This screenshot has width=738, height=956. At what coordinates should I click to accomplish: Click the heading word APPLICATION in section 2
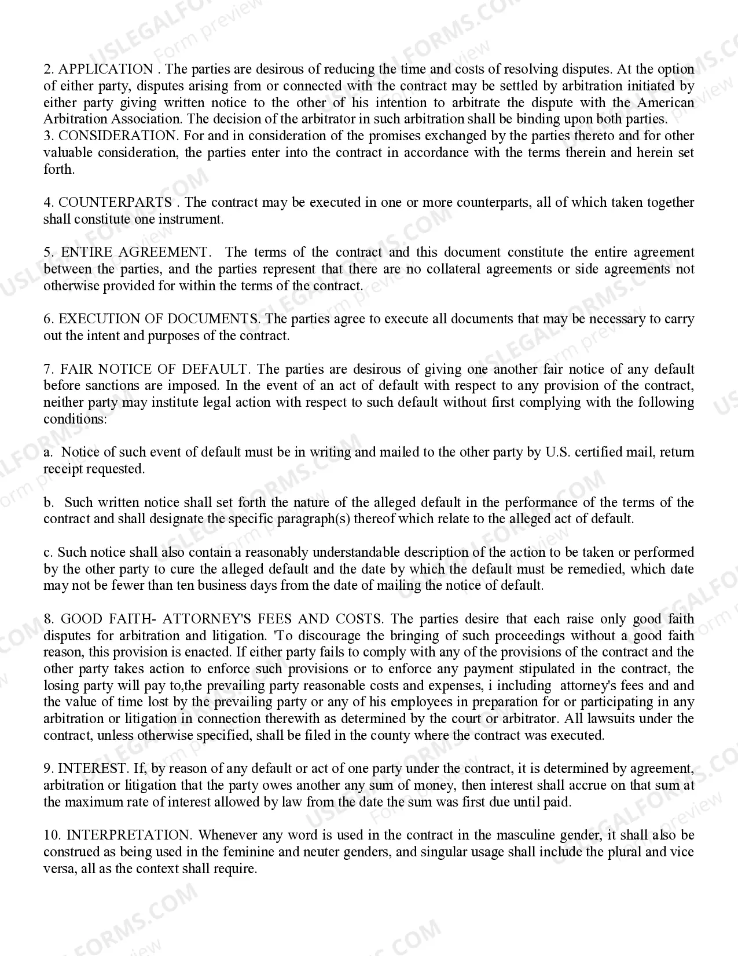pyautogui.click(x=106, y=70)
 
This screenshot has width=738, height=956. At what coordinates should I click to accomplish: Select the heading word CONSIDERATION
pyautogui.click(x=118, y=136)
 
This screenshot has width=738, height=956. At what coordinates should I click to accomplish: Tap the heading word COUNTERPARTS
pyautogui.click(x=115, y=203)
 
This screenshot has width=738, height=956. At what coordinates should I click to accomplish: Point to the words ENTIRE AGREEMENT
pyautogui.click(x=134, y=253)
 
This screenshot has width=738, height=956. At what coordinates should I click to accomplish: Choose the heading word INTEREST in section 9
pyautogui.click(x=93, y=769)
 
